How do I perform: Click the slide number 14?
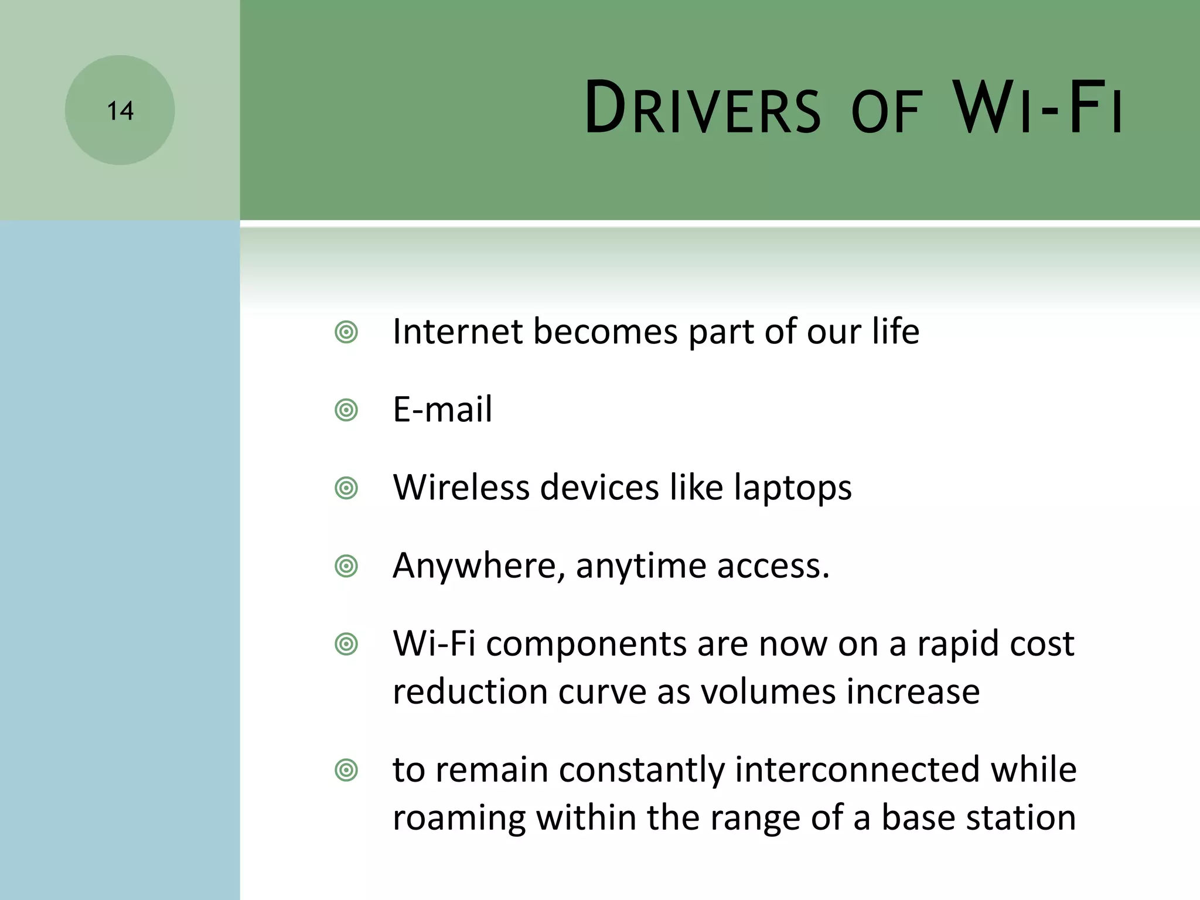point(120,111)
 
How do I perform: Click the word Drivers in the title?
point(703,109)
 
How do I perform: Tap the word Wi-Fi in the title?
point(1037,109)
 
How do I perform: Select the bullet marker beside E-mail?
point(346,410)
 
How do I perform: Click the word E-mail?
point(442,409)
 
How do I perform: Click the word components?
point(586,645)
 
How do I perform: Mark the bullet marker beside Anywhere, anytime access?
point(346,567)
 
